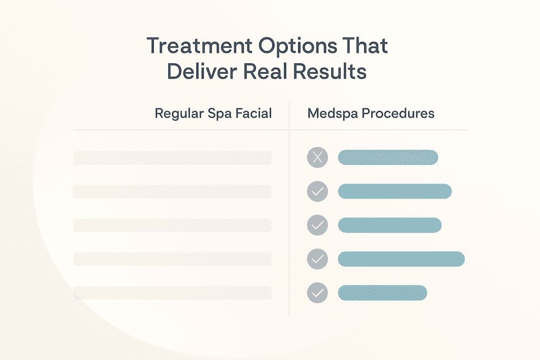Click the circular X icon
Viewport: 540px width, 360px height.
pos(317,157)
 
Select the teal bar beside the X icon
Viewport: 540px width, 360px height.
pos(388,157)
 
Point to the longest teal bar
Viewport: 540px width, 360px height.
pos(401,259)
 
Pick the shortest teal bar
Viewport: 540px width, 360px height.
pos(382,293)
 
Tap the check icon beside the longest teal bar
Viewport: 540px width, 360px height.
pos(317,259)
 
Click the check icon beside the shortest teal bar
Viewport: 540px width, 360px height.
pos(317,293)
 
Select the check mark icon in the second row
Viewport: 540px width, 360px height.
pos(317,191)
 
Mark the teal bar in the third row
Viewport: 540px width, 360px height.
pos(389,225)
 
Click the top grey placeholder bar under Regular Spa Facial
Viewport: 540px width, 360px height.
pos(172,158)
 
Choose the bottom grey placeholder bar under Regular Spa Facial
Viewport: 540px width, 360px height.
pos(172,293)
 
